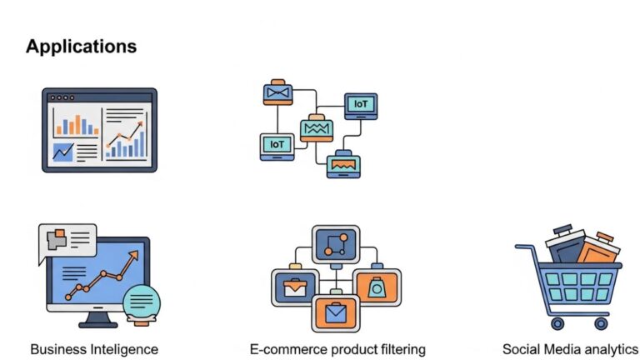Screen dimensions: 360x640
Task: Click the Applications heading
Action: pyautogui.click(x=81, y=46)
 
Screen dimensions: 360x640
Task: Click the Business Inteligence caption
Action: pyautogui.click(x=94, y=348)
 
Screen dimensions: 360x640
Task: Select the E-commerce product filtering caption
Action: pyautogui.click(x=337, y=348)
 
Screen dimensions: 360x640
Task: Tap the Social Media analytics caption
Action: pyautogui.click(x=571, y=348)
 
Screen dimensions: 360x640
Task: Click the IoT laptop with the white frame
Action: pyautogui.click(x=276, y=146)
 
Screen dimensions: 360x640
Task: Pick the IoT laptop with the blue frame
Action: pyautogui.click(x=360, y=105)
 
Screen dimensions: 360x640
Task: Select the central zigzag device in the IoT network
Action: pyautogui.click(x=316, y=128)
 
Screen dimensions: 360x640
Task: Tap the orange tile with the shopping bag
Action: pyautogui.click(x=377, y=287)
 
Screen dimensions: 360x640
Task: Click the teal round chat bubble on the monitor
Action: pyautogui.click(x=142, y=301)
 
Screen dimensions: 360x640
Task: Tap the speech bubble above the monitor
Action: pyautogui.click(x=67, y=241)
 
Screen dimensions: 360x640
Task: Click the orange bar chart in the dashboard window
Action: pyautogui.click(x=76, y=124)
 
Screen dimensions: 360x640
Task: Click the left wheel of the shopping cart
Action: pyautogui.click(x=557, y=322)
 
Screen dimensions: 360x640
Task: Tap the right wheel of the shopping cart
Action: pyautogui.click(x=601, y=322)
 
